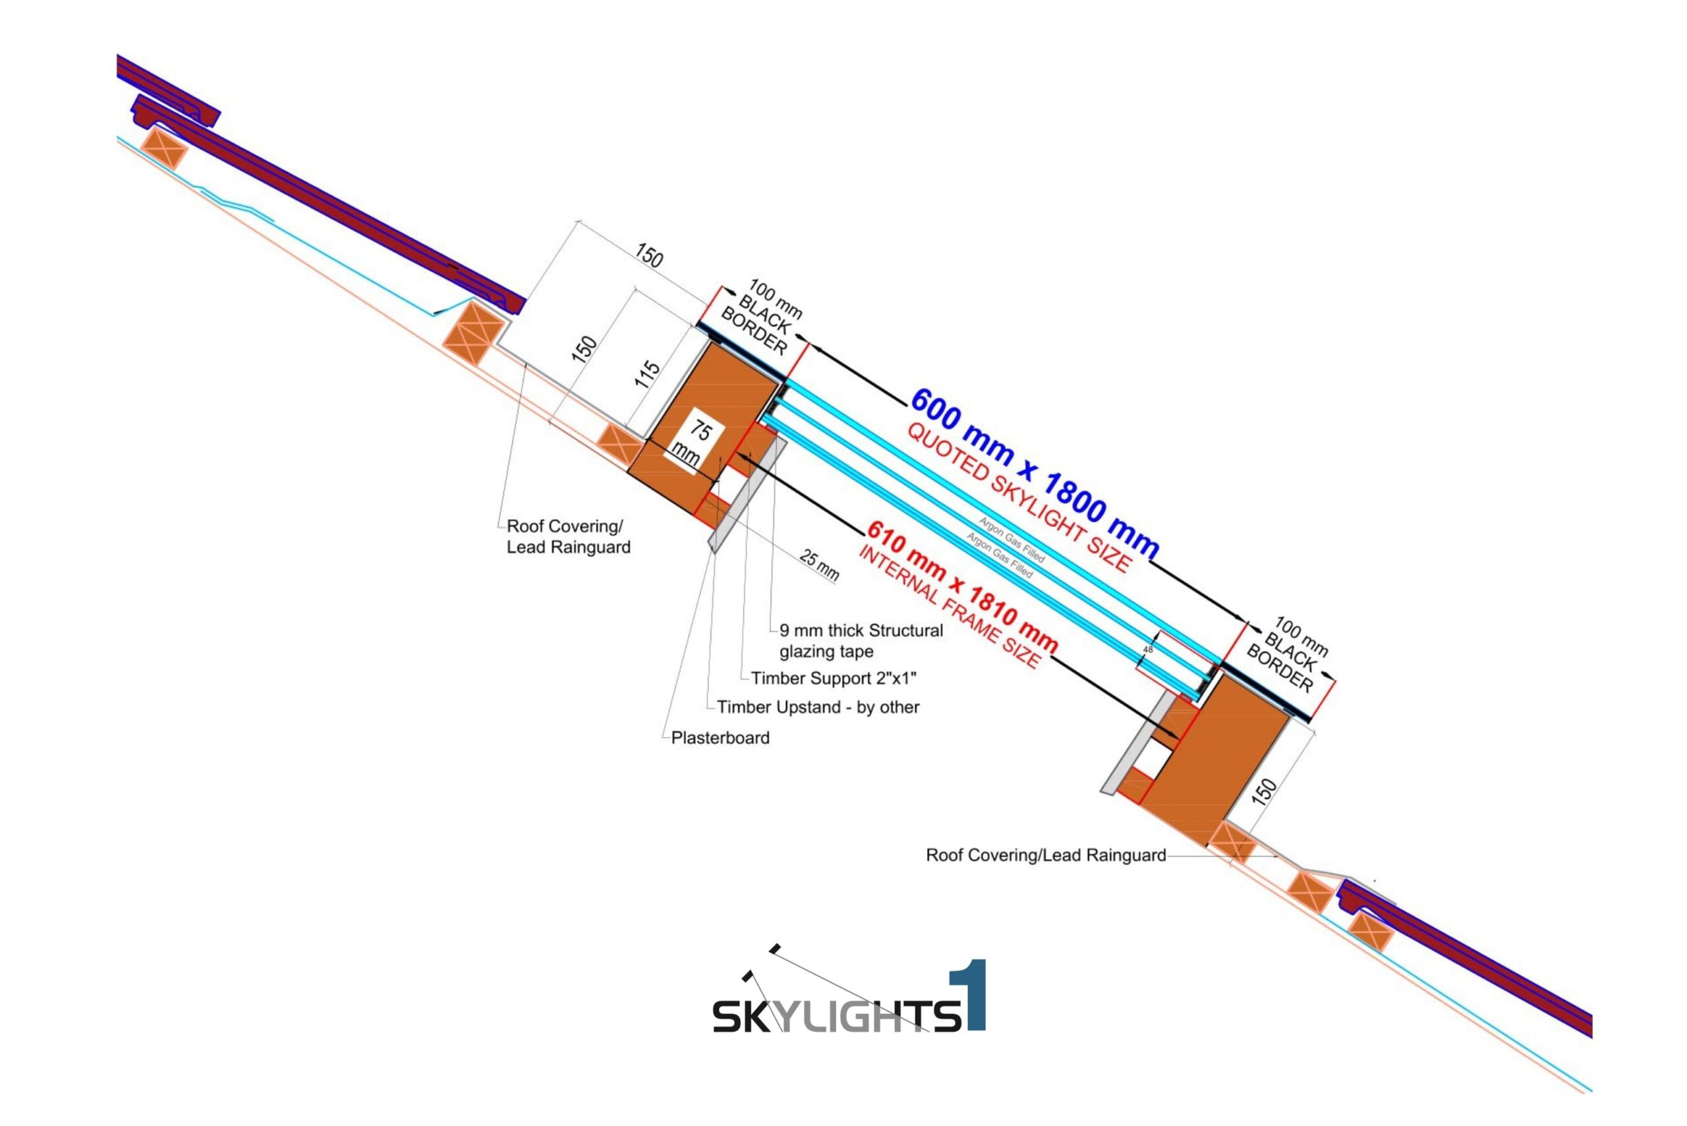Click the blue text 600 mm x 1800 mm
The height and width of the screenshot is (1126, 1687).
1035,474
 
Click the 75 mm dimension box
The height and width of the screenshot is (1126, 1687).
693,443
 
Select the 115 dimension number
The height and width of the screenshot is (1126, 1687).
647,374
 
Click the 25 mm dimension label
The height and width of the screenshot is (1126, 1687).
819,565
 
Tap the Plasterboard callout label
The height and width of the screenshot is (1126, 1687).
720,738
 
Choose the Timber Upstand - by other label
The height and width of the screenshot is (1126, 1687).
818,708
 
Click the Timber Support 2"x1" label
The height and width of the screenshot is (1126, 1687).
833,679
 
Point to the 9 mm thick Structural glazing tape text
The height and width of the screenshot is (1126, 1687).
861,640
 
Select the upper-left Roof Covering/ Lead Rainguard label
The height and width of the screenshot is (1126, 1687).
568,536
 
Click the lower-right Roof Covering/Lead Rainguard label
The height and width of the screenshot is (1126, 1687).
1045,855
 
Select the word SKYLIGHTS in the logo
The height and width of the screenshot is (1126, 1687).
836,1015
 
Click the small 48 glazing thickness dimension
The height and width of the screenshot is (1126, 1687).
1148,649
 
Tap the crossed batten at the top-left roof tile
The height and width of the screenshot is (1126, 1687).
163,150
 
